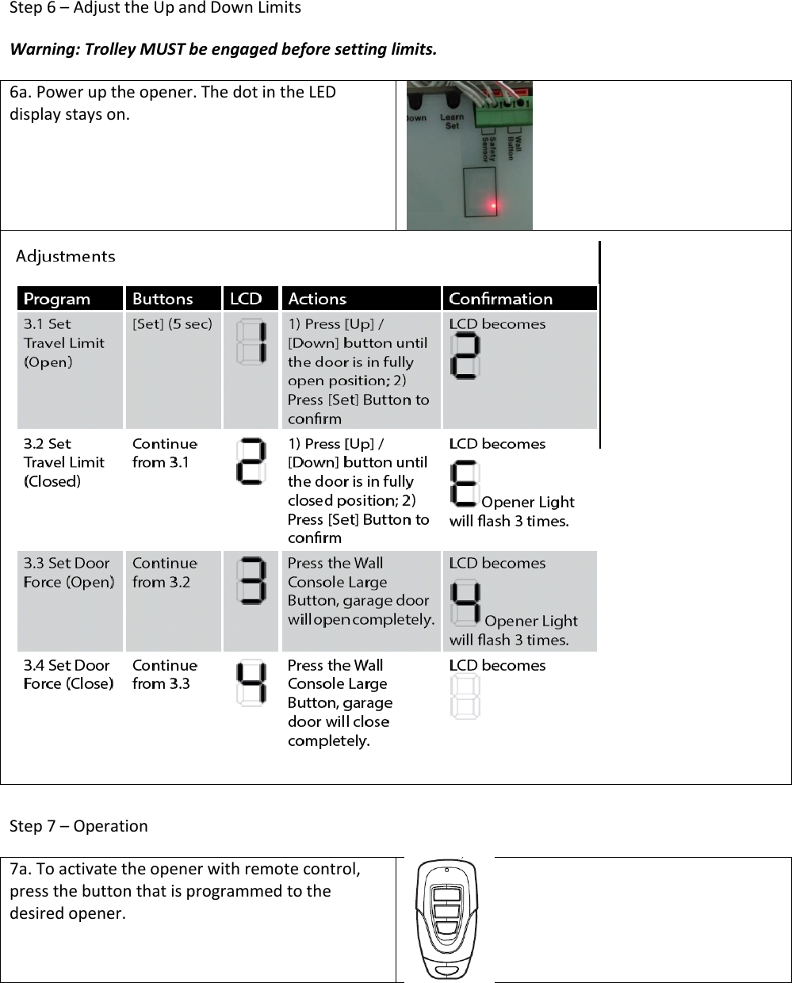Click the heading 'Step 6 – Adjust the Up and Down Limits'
[x=155, y=9]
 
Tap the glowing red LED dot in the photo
[x=493, y=207]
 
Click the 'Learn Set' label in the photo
[x=452, y=121]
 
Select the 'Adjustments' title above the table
[x=66, y=257]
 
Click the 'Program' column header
[x=57, y=299]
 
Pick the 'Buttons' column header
[x=163, y=299]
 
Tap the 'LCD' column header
[x=246, y=299]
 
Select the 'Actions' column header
[x=317, y=299]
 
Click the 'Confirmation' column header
[x=500, y=299]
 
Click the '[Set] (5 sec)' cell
[x=172, y=324]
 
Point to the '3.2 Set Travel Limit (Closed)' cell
[x=64, y=462]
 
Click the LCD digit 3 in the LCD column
[x=251, y=582]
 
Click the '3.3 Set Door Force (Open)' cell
[x=69, y=572]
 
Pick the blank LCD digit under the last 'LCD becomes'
[x=465, y=698]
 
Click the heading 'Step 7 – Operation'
[x=78, y=826]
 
